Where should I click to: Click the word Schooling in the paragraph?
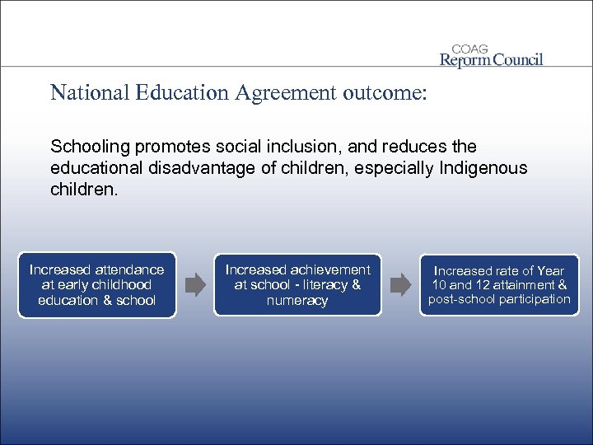tap(87, 147)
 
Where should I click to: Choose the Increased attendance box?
tap(97, 285)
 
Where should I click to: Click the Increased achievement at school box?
tap(297, 285)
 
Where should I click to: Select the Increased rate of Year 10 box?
tap(499, 285)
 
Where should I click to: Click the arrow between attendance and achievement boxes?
tap(195, 286)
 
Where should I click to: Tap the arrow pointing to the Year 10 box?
tap(399, 286)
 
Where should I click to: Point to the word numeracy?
tap(297, 301)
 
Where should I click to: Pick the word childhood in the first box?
tap(117, 285)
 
